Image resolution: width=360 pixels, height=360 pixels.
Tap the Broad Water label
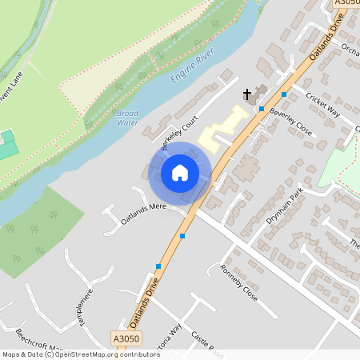pos(127,118)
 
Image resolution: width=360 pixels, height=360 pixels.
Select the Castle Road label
pos(205,347)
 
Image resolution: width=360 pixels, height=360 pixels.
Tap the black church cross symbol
pos(247,94)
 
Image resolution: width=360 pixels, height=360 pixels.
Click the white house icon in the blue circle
pos(180,172)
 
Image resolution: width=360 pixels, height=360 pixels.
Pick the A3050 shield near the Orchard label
pos(346,4)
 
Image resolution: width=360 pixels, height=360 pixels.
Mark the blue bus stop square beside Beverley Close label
pos(262,108)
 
